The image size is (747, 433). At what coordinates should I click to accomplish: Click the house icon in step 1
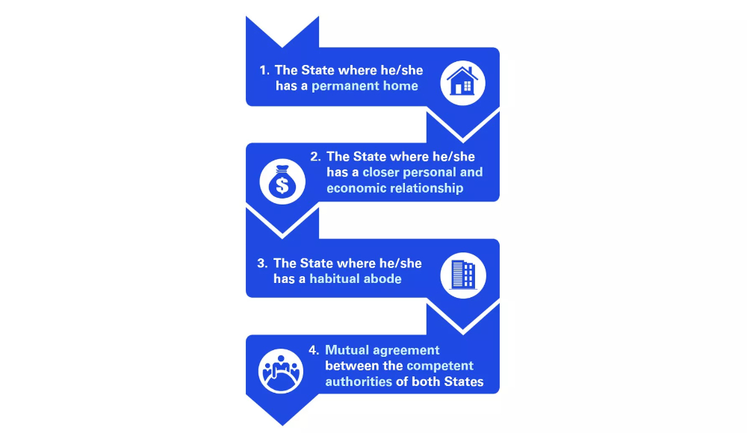click(462, 83)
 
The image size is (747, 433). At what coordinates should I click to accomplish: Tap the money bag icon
click(282, 181)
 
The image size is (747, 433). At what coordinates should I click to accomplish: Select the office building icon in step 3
click(463, 275)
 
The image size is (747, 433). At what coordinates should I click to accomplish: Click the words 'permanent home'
click(365, 86)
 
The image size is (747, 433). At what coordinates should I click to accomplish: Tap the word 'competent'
click(440, 366)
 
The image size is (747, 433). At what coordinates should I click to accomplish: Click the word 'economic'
click(356, 188)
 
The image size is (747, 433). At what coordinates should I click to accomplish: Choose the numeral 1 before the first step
click(264, 71)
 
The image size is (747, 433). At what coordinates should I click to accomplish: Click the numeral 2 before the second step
click(315, 157)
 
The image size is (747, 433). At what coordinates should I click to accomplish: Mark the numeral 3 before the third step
click(261, 264)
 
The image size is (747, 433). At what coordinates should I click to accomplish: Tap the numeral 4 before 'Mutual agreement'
click(314, 350)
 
